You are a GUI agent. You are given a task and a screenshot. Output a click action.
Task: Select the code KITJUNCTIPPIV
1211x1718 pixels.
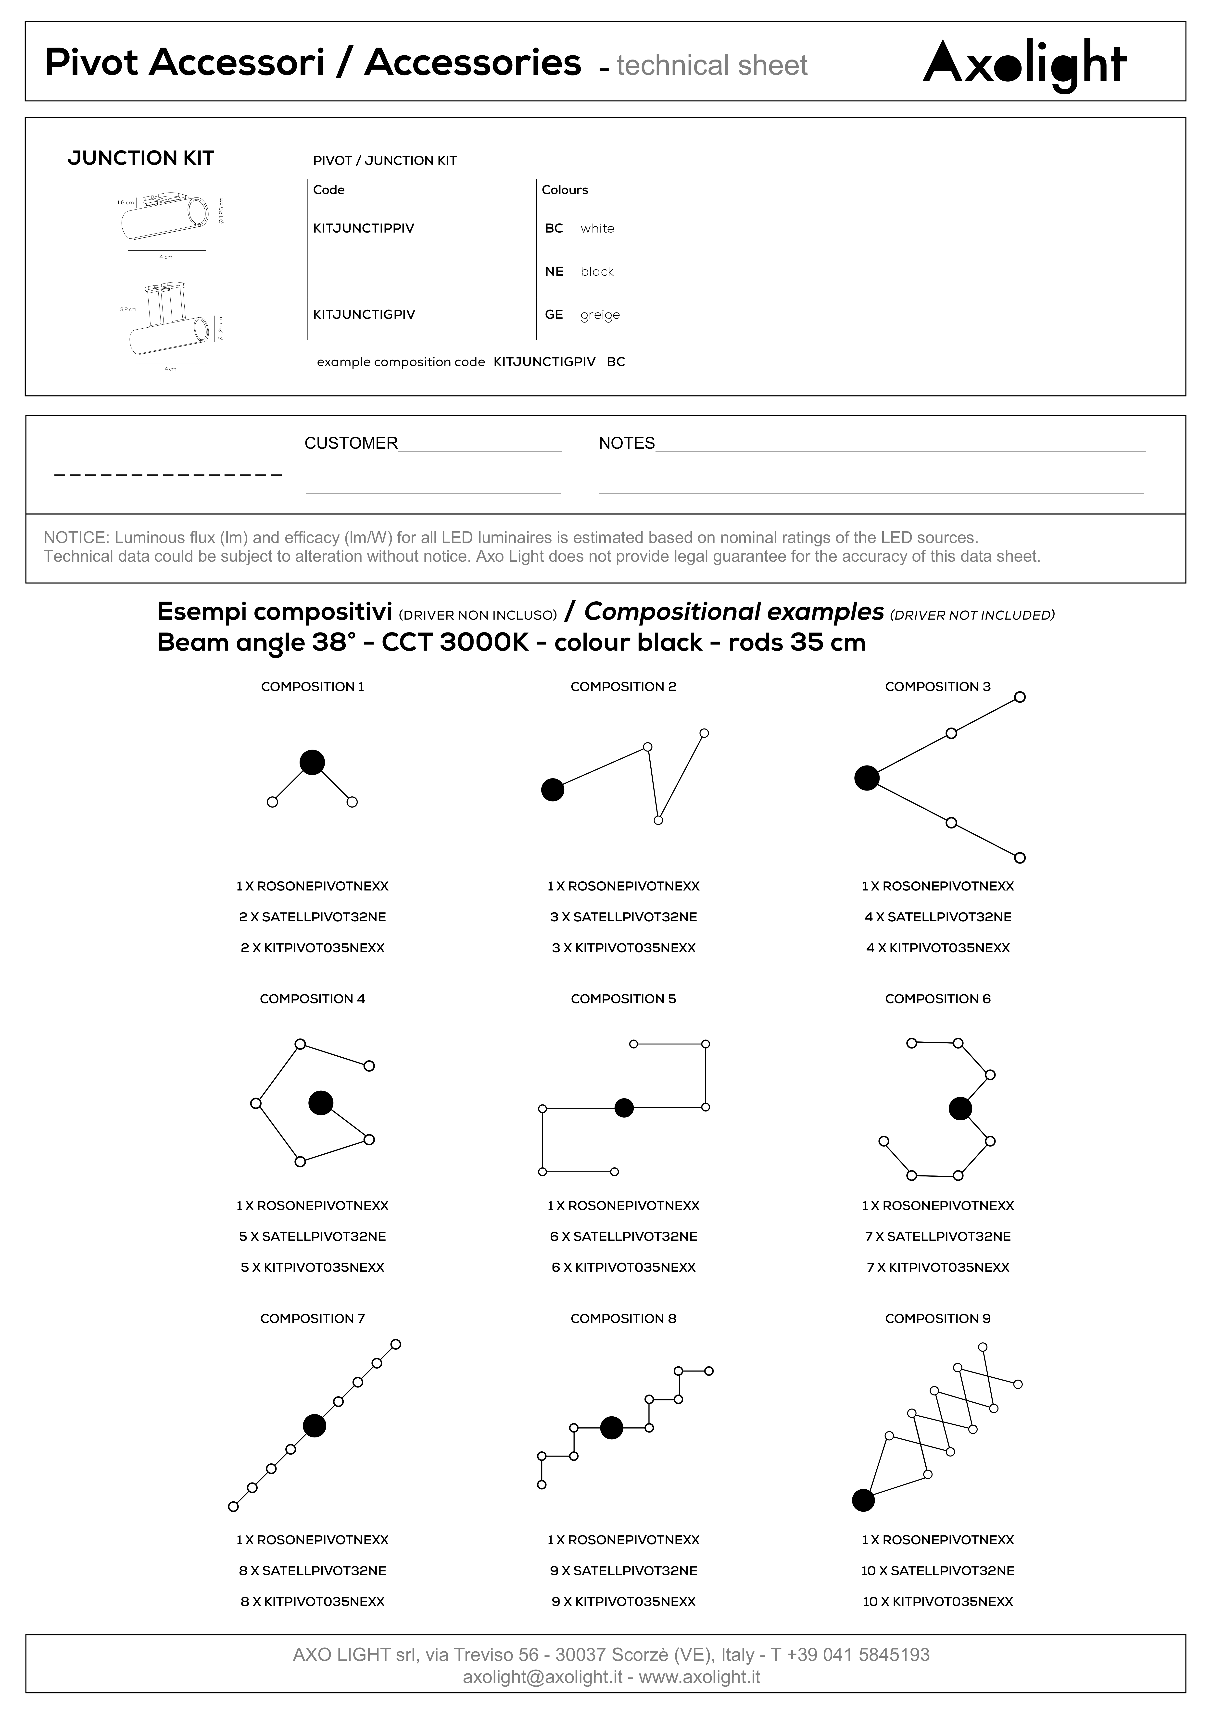click(363, 228)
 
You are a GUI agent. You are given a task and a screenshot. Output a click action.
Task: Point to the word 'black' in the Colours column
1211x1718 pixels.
click(596, 272)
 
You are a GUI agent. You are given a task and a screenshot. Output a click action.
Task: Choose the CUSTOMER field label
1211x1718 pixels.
click(350, 443)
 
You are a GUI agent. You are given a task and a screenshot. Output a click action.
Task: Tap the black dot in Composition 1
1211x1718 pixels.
click(312, 763)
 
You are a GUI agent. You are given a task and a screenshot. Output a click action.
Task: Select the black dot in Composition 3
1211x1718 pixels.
click(867, 778)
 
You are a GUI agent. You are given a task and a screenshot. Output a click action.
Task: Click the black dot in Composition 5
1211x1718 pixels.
click(623, 1108)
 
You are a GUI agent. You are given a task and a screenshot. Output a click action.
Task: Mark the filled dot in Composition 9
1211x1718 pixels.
click(863, 1500)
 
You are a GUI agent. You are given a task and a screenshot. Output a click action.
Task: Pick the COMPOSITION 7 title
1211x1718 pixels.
click(312, 1318)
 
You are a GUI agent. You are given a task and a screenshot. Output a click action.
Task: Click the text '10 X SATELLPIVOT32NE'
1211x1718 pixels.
click(937, 1570)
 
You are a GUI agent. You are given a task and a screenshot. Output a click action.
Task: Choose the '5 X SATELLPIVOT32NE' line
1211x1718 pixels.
click(312, 1236)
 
